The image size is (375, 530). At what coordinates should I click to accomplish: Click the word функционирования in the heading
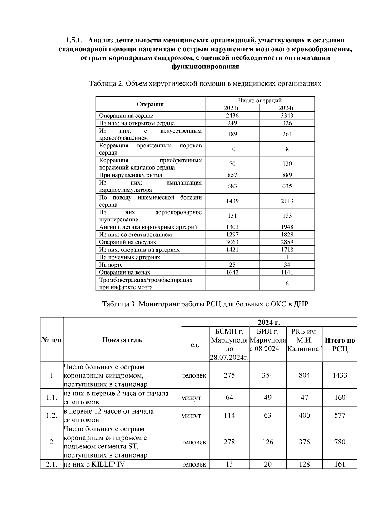tap(205, 67)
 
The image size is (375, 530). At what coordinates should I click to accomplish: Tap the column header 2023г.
tap(232, 108)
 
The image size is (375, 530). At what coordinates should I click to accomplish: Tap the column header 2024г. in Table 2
tap(287, 108)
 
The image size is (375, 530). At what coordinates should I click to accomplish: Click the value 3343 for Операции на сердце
tap(287, 116)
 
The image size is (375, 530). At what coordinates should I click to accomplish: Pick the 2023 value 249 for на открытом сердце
tap(232, 123)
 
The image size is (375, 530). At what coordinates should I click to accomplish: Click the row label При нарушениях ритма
tap(131, 175)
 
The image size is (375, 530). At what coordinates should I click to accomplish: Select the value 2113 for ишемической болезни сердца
tap(287, 201)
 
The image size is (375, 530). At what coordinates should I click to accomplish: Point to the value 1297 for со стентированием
tap(232, 235)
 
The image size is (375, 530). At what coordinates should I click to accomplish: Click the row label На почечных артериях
tap(129, 257)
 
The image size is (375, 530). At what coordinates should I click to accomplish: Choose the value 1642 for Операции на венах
tap(232, 272)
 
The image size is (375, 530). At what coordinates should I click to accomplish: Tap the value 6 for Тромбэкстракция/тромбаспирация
tap(287, 284)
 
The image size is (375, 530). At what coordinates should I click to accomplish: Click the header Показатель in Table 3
tap(122, 340)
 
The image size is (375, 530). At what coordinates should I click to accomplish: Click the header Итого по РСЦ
tap(340, 344)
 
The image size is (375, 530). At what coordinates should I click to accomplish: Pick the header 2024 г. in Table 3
tap(269, 322)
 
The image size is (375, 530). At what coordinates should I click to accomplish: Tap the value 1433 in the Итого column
tap(340, 375)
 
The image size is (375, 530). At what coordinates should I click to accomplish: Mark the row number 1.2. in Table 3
tap(52, 415)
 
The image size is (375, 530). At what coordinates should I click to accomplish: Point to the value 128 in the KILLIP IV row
tap(304, 464)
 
